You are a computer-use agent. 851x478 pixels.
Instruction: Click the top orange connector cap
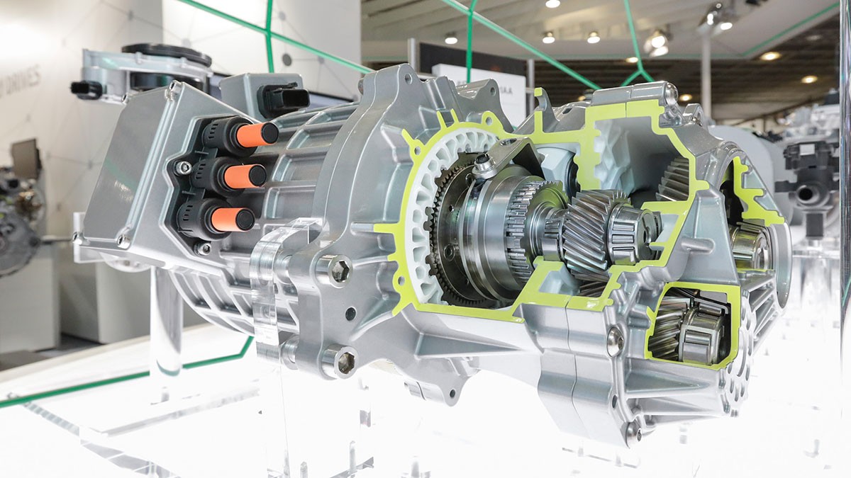point(257,135)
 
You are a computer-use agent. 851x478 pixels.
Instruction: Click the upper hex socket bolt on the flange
point(339,271)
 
